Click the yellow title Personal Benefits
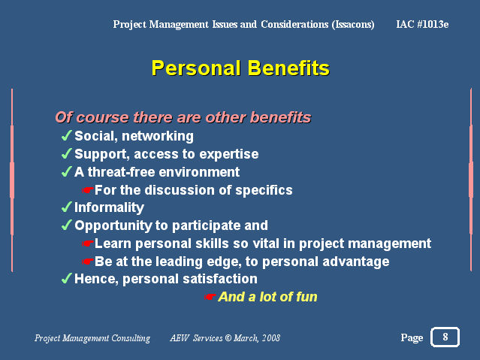click(x=240, y=68)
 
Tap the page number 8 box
click(x=445, y=337)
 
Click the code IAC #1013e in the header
click(x=422, y=24)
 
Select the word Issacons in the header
click(x=353, y=25)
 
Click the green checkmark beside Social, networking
click(x=66, y=135)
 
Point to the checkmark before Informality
click(x=66, y=207)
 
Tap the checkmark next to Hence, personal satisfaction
click(x=66, y=279)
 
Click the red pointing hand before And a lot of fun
click(x=210, y=297)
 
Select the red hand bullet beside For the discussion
click(x=88, y=190)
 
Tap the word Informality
click(x=109, y=207)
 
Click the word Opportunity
click(x=113, y=225)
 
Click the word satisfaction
click(x=220, y=279)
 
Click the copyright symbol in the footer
click(x=228, y=338)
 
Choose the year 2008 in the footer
click(x=271, y=338)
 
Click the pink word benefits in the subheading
click(x=280, y=117)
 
